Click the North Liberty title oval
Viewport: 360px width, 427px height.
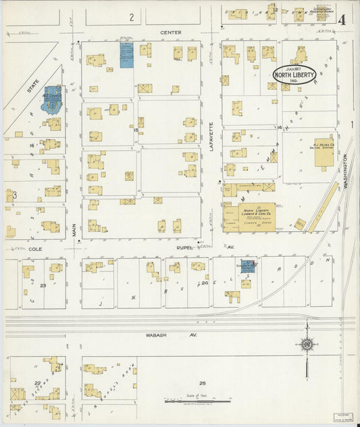click(x=294, y=74)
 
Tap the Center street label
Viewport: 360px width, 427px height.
click(x=167, y=32)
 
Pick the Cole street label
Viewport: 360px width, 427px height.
click(x=35, y=249)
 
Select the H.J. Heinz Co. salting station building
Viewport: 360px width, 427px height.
click(x=324, y=146)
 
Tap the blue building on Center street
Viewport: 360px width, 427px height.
click(x=126, y=55)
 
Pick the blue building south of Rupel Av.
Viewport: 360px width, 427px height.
click(x=248, y=268)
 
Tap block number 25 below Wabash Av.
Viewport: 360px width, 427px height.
click(x=201, y=382)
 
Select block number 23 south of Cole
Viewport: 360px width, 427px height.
click(x=42, y=286)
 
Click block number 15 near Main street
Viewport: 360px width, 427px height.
click(x=136, y=130)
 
